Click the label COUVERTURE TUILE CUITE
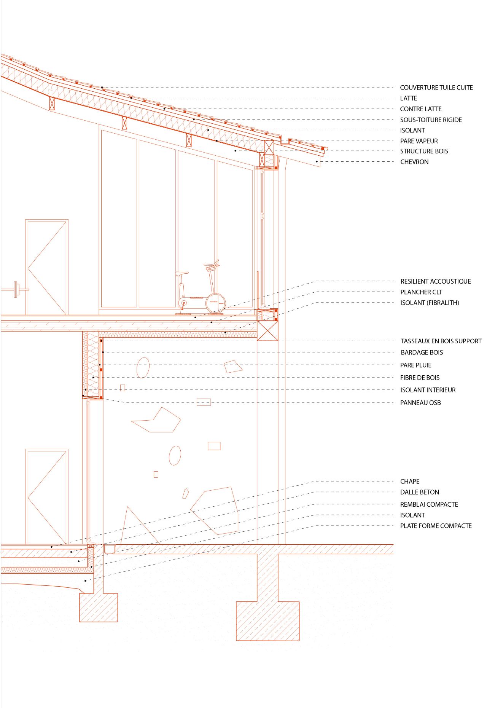pyautogui.click(x=436, y=88)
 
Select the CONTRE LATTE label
pyautogui.click(x=421, y=109)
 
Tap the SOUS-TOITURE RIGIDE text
pyautogui.click(x=431, y=120)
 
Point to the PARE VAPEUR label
pyautogui.click(x=419, y=141)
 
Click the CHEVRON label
pyautogui.click(x=414, y=162)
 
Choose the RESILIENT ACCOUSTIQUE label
pyautogui.click(x=436, y=281)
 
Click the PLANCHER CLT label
pyautogui.click(x=421, y=292)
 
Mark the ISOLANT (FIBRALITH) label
pyautogui.click(x=430, y=303)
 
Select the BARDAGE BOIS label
pyautogui.click(x=422, y=352)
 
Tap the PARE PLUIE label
pyautogui.click(x=416, y=365)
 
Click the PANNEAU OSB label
pyautogui.click(x=420, y=403)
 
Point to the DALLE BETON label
pyautogui.click(x=420, y=492)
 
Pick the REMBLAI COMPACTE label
pyautogui.click(x=429, y=504)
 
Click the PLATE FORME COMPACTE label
pyautogui.click(x=436, y=526)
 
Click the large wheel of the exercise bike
pyautogui.click(x=216, y=303)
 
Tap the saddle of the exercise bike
pyautogui.click(x=182, y=273)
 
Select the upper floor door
pyautogui.click(x=47, y=267)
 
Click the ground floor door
pyautogui.click(x=47, y=497)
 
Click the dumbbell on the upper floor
pyautogui.click(x=15, y=290)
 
